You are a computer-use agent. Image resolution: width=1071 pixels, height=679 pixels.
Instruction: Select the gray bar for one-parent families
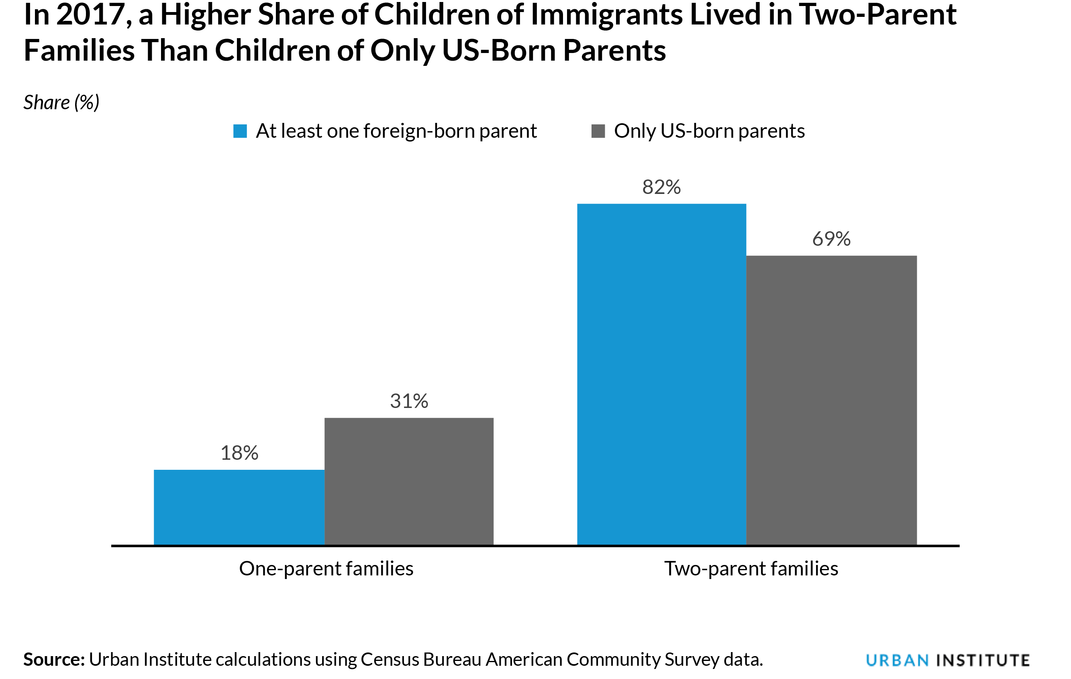[409, 481]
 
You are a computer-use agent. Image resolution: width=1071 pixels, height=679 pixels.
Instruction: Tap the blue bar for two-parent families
[661, 374]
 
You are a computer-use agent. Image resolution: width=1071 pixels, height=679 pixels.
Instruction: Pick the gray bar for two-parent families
[831, 400]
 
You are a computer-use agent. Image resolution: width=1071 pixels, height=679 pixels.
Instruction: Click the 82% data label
[661, 187]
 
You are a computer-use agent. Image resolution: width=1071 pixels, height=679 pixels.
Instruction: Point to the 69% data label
[831, 239]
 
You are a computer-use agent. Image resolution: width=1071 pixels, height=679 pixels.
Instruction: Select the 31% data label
[409, 401]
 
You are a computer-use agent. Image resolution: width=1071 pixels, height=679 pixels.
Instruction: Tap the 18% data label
[239, 453]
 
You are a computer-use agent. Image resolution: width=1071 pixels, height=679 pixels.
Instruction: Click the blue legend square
[240, 131]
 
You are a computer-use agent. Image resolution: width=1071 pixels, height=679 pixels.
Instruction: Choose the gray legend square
[598, 131]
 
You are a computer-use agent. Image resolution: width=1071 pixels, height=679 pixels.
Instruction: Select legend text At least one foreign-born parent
[396, 131]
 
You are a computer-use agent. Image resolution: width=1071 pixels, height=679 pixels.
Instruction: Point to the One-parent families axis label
[326, 569]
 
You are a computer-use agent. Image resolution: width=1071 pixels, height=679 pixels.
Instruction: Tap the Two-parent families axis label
[751, 569]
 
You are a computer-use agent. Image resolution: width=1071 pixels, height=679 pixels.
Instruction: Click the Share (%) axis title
[61, 103]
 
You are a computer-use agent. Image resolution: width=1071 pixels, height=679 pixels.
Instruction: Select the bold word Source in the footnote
[54, 659]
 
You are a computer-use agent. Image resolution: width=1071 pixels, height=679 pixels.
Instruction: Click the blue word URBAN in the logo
[897, 660]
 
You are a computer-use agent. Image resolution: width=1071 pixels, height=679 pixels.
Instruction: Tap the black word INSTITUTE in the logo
[983, 660]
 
